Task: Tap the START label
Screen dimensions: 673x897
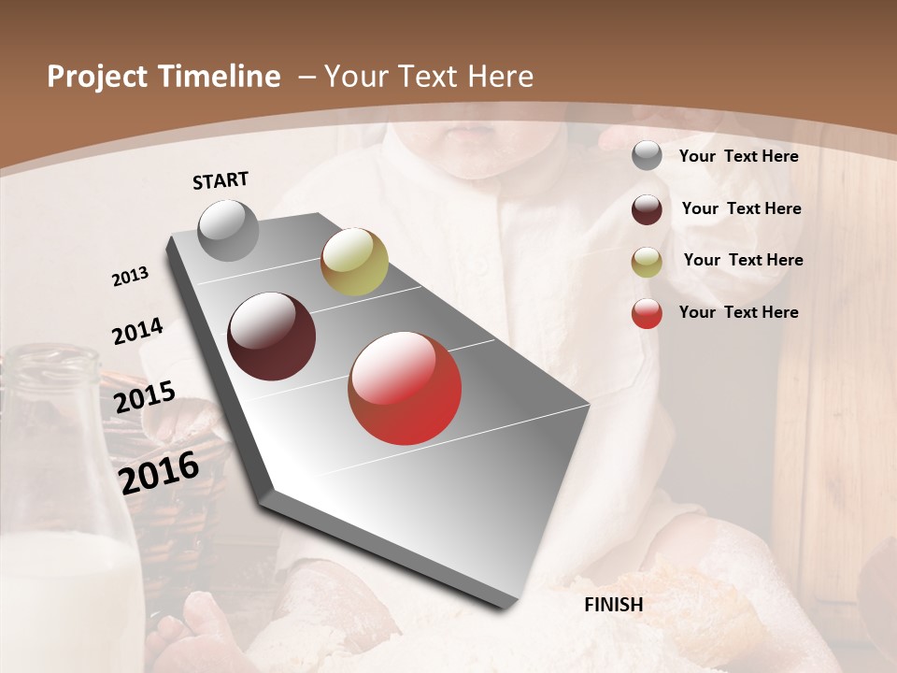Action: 221,180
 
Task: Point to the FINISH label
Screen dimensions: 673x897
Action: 613,605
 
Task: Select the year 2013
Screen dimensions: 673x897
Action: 131,277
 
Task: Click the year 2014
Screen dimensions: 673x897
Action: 137,332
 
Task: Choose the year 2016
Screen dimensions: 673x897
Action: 159,473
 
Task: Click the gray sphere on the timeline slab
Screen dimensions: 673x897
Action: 229,230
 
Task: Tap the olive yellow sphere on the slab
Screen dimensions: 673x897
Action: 354,262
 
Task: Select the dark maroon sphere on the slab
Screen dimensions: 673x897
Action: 272,336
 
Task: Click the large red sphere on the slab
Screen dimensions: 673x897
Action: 405,388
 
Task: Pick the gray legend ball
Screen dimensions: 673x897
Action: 647,156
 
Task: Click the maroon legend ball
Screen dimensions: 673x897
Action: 647,209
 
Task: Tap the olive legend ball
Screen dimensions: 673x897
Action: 647,262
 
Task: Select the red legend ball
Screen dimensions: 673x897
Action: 647,313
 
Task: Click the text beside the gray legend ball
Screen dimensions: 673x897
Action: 738,156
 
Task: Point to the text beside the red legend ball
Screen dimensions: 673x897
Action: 738,312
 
